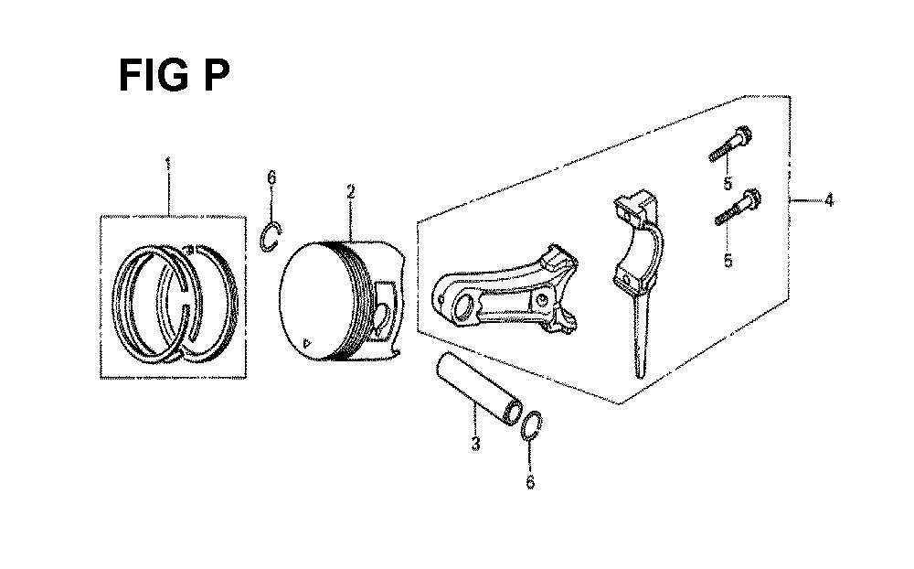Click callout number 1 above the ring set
[168, 164]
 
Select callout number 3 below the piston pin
[475, 443]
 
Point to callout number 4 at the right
[829, 200]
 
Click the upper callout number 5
[728, 183]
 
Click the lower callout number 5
[728, 261]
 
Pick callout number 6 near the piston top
[271, 177]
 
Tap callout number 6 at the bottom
[530, 482]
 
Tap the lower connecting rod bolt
[738, 207]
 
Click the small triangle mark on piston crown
[306, 342]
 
